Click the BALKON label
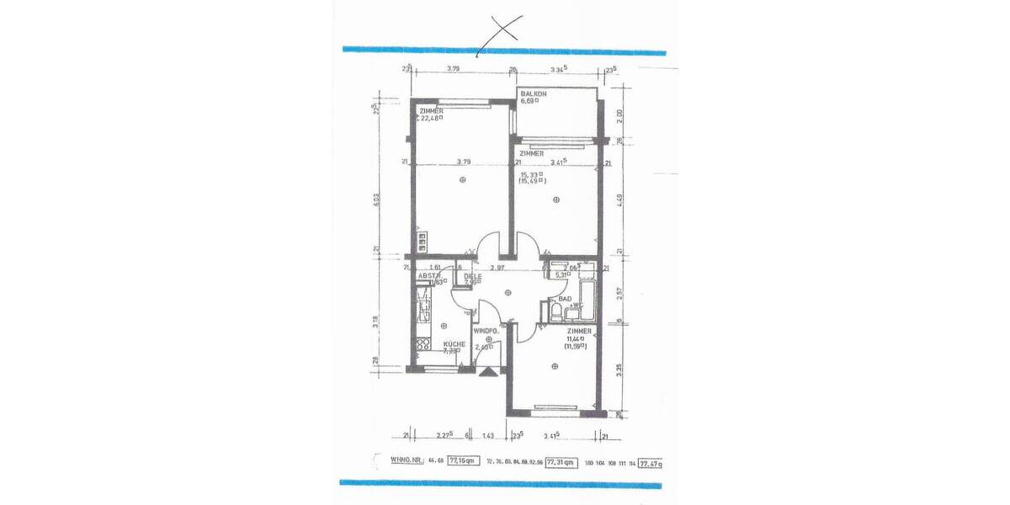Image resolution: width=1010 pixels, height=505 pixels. [x=534, y=93]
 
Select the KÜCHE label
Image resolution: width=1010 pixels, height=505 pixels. [x=454, y=344]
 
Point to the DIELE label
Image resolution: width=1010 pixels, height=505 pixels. [x=471, y=274]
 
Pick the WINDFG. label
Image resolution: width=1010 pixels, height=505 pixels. [x=486, y=332]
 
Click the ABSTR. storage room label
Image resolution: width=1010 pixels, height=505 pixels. [x=430, y=275]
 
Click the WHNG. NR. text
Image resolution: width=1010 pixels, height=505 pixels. [x=407, y=460]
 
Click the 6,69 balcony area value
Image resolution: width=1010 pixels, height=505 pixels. [x=529, y=101]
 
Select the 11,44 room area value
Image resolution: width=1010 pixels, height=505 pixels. [x=575, y=338]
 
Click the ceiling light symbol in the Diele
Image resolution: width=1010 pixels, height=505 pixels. [x=508, y=293]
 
